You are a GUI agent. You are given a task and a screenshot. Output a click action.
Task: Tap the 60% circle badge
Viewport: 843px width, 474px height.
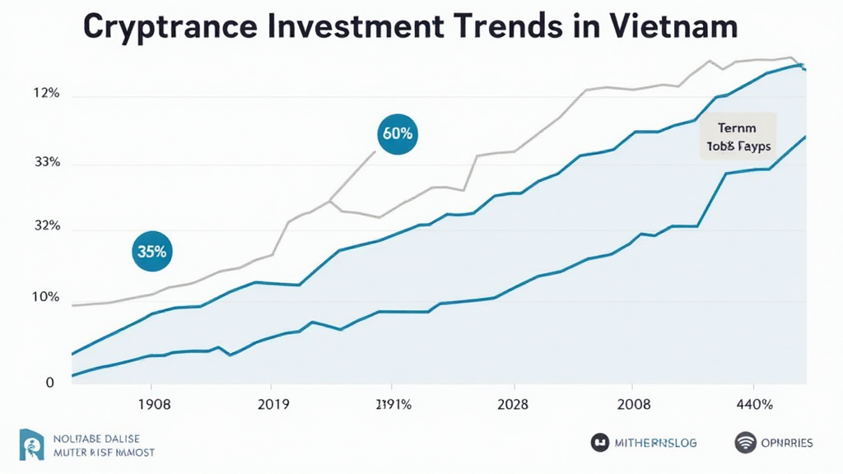pos(398,132)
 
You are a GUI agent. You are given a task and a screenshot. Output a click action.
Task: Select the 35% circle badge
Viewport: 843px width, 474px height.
pos(152,252)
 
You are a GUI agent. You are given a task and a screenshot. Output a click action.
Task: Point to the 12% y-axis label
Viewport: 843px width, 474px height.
pos(47,94)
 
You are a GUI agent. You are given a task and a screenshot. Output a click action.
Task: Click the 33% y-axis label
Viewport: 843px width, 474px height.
pos(47,162)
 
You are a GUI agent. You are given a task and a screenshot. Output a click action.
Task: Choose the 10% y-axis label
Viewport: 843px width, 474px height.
pos(47,297)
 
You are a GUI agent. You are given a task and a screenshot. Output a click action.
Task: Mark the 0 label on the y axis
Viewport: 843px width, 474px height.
pos(50,383)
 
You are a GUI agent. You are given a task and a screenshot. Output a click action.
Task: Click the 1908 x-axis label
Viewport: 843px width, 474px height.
pos(154,405)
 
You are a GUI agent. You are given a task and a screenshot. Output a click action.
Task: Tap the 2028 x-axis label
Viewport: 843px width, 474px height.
pos(513,405)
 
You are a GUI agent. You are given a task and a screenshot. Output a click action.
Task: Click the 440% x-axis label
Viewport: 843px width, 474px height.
pos(753,405)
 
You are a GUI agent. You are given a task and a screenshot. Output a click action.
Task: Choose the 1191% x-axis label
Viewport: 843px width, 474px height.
pos(394,405)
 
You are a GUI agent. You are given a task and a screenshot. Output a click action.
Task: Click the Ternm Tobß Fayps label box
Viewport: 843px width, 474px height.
pos(738,137)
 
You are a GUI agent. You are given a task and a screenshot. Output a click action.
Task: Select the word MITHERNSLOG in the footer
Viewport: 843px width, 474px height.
pos(655,443)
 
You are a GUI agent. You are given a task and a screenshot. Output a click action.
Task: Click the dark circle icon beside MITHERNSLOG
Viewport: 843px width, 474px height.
pos(600,443)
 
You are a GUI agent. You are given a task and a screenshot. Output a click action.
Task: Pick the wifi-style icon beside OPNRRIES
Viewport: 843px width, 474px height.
pos(745,443)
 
